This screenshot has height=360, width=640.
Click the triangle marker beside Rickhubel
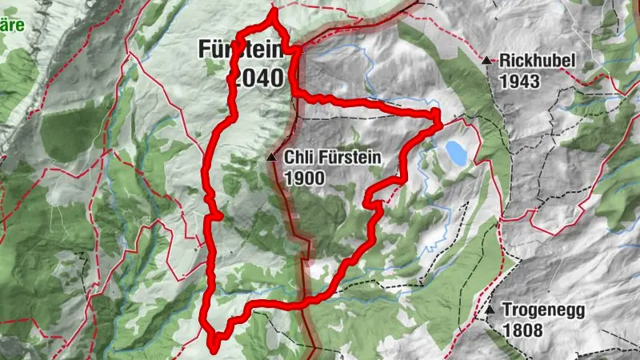click(486, 59)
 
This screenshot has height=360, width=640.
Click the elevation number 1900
click(303, 178)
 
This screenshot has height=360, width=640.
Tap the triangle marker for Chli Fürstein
click(272, 158)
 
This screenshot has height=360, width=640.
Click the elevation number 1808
click(523, 330)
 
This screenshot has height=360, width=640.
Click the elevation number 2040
click(255, 78)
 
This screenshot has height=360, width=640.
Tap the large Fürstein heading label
click(239, 50)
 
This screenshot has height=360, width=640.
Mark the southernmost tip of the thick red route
click(214, 348)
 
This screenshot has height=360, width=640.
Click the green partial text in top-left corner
click(12, 24)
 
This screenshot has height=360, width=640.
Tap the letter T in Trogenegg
click(507, 310)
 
